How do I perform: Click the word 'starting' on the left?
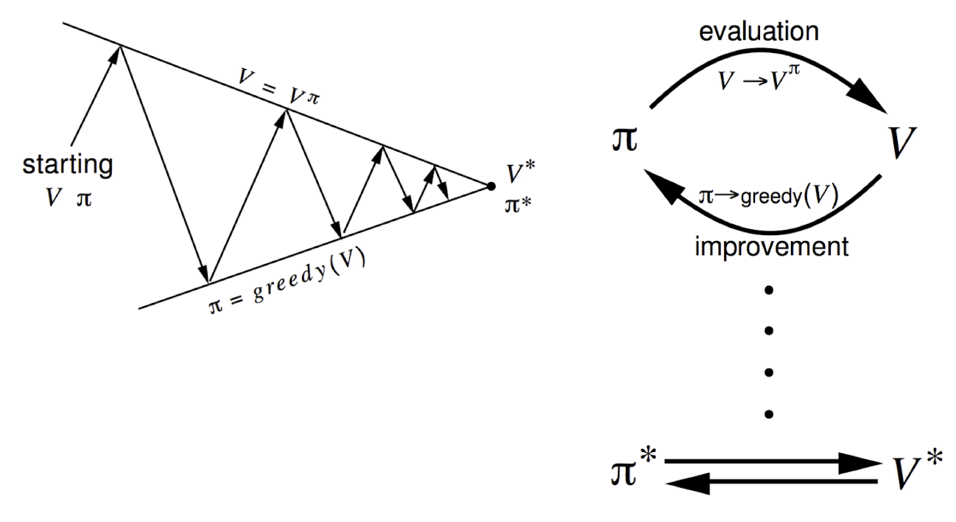click(68, 164)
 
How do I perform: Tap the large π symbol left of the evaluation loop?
click(625, 139)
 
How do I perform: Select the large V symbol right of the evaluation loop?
click(901, 144)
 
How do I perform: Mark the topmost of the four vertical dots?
click(769, 290)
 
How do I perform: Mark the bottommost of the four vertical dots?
click(769, 415)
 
